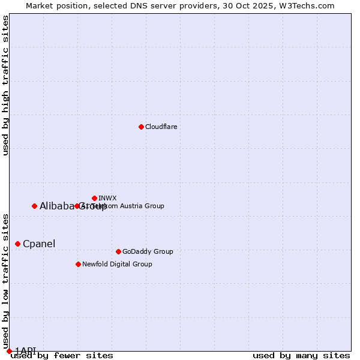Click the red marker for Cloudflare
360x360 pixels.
click(x=141, y=127)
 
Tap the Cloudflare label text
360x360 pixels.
click(x=161, y=127)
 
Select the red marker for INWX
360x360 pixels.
click(x=94, y=198)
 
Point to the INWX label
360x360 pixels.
click(x=107, y=198)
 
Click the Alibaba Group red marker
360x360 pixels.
click(x=34, y=206)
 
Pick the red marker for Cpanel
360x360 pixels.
click(x=17, y=244)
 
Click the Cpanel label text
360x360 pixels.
click(x=39, y=244)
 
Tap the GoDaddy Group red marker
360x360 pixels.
click(x=118, y=251)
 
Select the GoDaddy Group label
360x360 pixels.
click(x=148, y=251)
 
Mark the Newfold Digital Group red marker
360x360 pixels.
click(x=78, y=264)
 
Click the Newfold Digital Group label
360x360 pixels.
click(x=117, y=264)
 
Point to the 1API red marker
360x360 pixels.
click(x=9, y=351)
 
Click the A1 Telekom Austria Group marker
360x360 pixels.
click(x=77, y=206)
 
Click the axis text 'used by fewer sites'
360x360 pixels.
click(x=62, y=356)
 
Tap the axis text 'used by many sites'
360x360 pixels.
click(x=301, y=356)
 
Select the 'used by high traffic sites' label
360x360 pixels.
click(x=5, y=85)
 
